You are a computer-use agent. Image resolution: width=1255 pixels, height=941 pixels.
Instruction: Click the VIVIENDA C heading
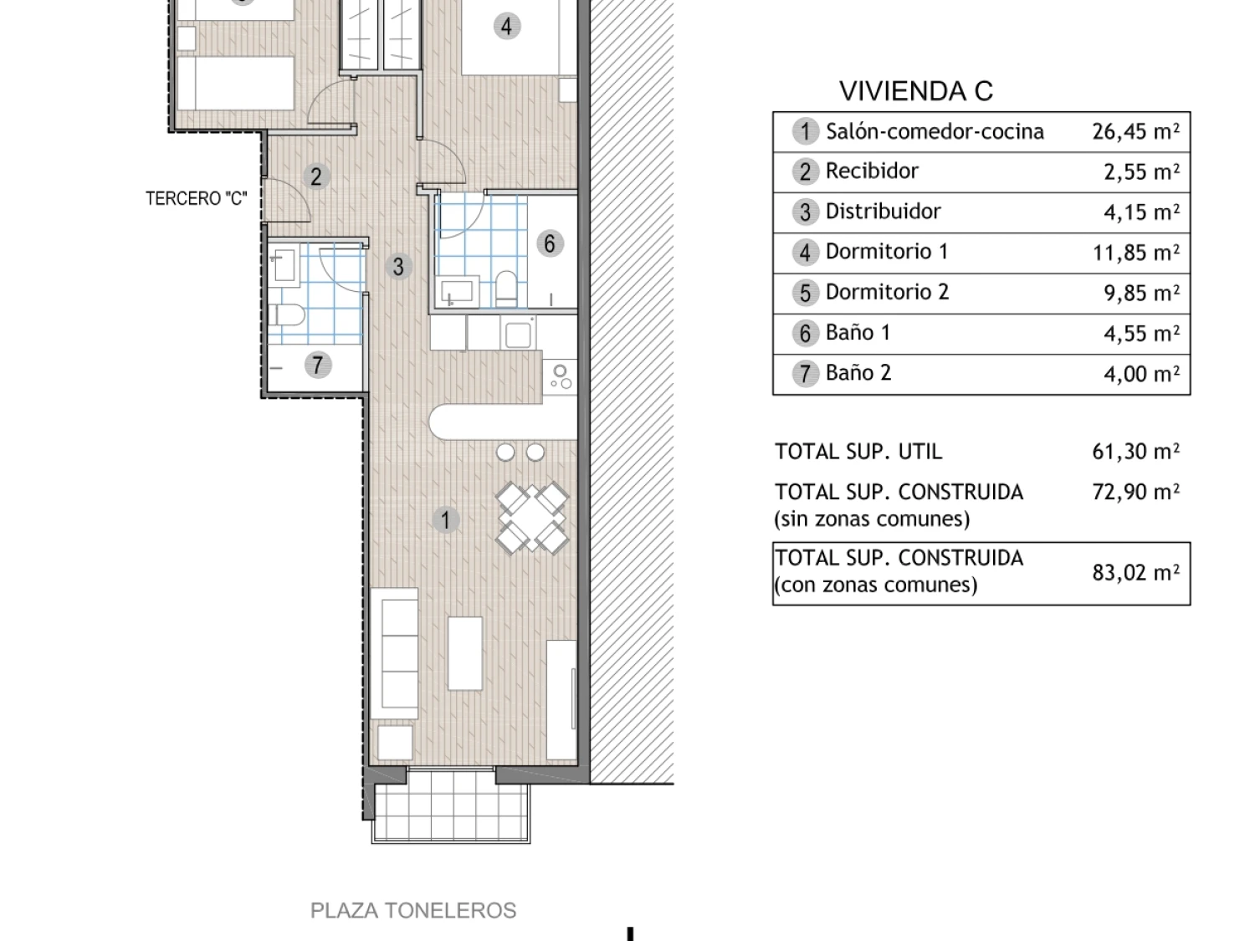[x=915, y=91]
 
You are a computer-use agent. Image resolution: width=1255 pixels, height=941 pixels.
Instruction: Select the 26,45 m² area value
[x=1135, y=130]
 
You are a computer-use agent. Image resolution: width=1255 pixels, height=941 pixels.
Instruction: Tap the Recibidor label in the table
[x=872, y=171]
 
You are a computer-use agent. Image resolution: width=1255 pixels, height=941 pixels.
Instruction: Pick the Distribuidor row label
[x=883, y=212]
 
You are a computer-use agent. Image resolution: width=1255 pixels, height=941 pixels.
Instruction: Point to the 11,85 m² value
[x=1135, y=252]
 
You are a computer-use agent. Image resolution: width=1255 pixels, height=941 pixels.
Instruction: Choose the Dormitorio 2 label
[x=888, y=292]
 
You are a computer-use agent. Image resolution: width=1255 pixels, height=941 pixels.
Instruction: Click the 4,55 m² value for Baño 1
[x=1141, y=333]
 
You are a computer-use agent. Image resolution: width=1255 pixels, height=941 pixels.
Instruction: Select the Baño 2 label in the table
[x=858, y=372]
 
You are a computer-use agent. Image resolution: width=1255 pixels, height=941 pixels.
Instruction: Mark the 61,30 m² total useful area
[x=1135, y=452]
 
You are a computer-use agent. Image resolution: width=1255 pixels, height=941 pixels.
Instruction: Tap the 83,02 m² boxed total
[x=1135, y=572]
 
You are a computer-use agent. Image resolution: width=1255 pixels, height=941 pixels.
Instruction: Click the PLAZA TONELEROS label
[x=412, y=910]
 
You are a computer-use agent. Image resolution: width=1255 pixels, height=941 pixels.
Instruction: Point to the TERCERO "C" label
[x=196, y=198]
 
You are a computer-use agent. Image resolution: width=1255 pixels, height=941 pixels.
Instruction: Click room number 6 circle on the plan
[x=550, y=243]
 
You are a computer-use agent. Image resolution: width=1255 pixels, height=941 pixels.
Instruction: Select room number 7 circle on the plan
[x=318, y=365]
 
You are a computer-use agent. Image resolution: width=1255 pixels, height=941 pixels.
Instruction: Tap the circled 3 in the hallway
[x=398, y=266]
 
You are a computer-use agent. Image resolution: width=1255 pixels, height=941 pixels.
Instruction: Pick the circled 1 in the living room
[x=445, y=520]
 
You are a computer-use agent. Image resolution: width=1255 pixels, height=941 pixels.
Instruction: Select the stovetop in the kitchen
[x=560, y=377]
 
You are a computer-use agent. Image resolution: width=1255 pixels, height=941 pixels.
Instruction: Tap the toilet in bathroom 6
[x=505, y=289]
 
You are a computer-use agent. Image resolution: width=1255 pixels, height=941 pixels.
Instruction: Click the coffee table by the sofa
[x=465, y=653]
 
